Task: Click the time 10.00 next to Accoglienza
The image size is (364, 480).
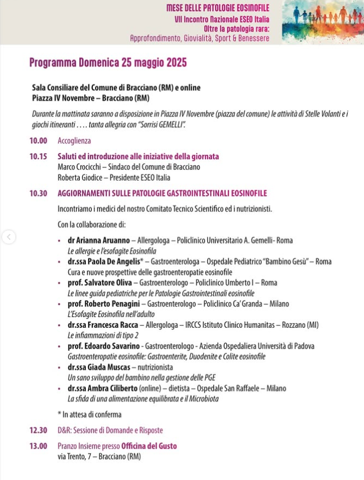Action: (x=38, y=141)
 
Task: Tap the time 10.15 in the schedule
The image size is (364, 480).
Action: (x=38, y=157)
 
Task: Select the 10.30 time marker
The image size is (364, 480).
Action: (x=38, y=194)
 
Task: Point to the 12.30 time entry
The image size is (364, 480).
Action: (x=38, y=431)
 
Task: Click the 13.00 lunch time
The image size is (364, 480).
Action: (x=38, y=446)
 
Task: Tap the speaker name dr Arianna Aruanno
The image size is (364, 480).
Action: (x=98, y=240)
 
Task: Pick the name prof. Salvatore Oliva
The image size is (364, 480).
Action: (x=99, y=283)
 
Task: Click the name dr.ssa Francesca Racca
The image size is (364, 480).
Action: (x=105, y=325)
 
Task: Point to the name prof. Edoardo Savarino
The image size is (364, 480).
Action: (x=103, y=346)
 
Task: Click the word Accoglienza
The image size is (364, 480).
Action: (x=74, y=141)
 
